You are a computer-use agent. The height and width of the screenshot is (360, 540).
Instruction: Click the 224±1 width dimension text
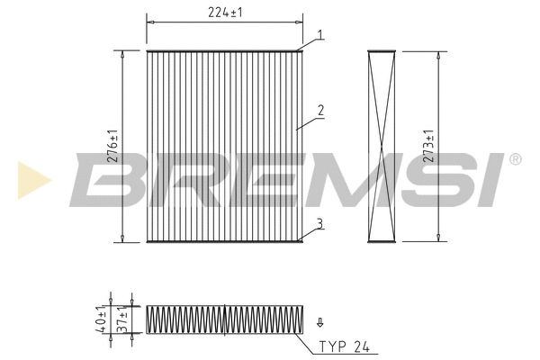pos(224,13)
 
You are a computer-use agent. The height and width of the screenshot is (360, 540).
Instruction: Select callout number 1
pos(319,35)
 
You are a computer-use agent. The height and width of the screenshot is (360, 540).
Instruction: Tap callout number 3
pos(319,223)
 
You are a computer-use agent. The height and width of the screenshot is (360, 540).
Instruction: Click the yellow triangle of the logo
pos(31,179)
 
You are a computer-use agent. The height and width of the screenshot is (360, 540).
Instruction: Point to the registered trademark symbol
pos(514,159)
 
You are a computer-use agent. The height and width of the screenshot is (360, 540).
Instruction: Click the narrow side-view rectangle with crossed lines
pos(383,146)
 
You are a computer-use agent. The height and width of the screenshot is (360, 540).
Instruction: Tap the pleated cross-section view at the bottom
pos(222,319)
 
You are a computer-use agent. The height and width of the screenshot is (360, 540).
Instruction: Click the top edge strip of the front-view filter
pos(223,50)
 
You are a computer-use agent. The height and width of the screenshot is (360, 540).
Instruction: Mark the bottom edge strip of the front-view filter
pos(223,240)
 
